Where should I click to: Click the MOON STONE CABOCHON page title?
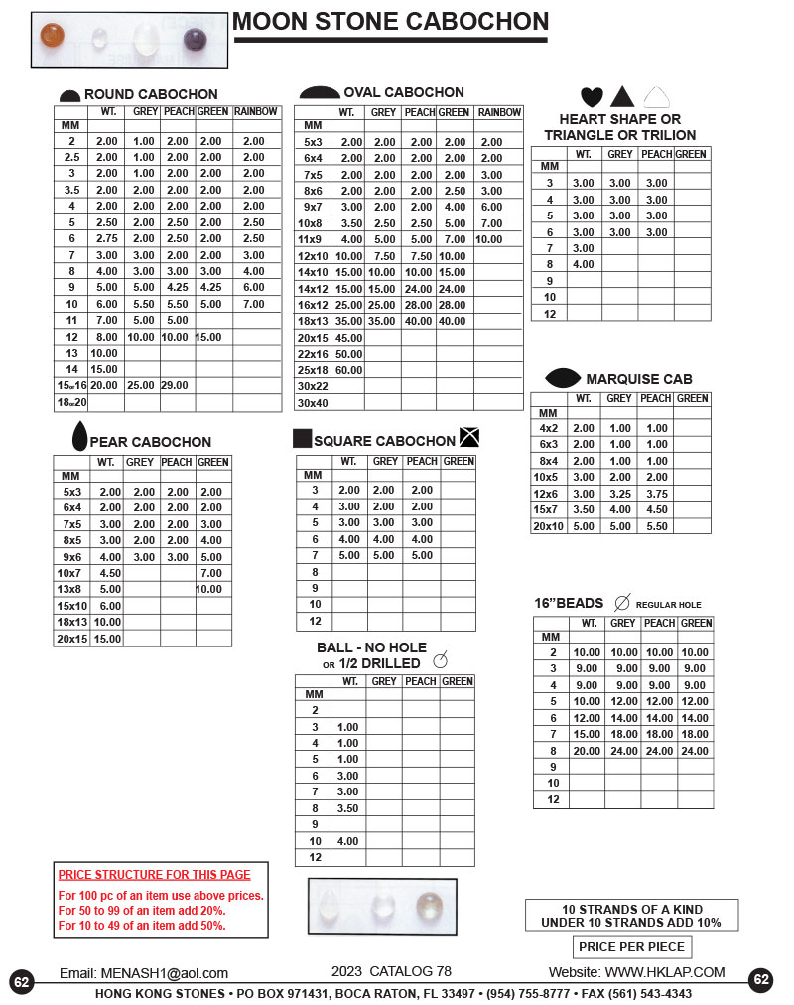pos(390,22)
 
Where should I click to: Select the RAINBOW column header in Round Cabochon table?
pos(257,112)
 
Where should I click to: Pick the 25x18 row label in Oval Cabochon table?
pos(313,370)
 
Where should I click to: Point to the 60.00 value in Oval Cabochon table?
pos(348,370)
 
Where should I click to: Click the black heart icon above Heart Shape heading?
pos(592,97)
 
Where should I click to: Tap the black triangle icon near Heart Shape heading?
pos(622,96)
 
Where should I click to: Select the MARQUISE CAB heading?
pos(638,379)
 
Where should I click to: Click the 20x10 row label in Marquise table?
pos(548,526)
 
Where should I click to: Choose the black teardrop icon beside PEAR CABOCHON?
pos(79,436)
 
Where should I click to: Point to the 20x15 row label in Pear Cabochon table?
pos(71,639)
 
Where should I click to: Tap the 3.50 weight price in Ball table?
pos(347,808)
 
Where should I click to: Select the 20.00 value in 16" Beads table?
pos(587,751)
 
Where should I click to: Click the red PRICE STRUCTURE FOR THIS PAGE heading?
pos(154,875)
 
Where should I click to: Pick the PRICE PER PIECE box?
pos(631,946)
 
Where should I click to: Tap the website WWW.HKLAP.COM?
pos(664,972)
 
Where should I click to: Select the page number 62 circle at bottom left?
pos(22,981)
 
